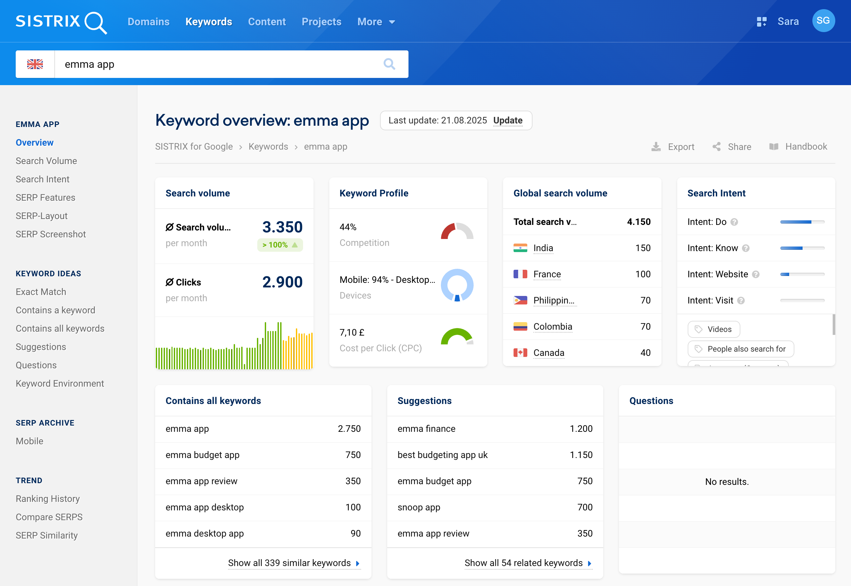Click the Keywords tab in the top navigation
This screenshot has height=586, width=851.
point(208,22)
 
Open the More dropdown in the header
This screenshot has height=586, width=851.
point(376,22)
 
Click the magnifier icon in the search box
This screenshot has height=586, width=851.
point(389,64)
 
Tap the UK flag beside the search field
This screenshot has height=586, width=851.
point(35,64)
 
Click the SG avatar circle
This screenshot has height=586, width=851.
point(823,21)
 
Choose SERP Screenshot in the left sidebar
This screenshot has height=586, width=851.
point(51,234)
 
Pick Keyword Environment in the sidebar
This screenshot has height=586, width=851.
point(60,383)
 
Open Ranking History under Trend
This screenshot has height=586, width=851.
point(48,499)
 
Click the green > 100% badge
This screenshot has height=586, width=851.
point(280,245)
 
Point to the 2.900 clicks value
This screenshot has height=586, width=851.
point(282,282)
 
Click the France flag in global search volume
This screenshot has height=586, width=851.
point(520,274)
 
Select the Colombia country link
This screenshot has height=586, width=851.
point(552,326)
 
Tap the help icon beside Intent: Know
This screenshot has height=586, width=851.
point(746,248)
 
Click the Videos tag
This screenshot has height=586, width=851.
point(714,329)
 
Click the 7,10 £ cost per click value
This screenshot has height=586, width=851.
point(352,332)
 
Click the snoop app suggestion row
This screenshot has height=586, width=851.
point(495,507)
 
